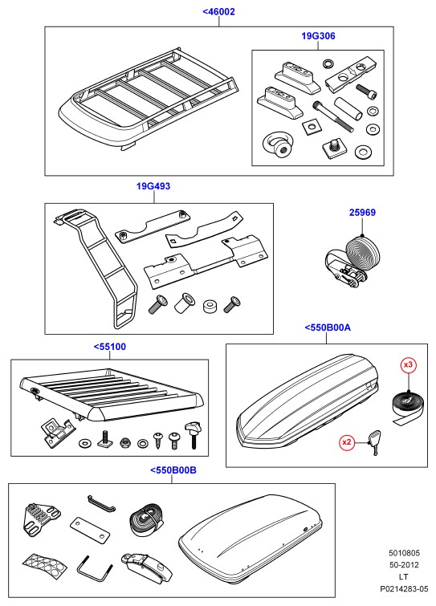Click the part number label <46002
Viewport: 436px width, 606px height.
click(x=218, y=11)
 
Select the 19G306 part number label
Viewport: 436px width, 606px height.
click(x=318, y=36)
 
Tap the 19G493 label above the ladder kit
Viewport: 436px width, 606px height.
click(x=153, y=186)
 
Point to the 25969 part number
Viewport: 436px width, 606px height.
click(x=362, y=212)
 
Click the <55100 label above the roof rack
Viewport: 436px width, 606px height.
click(x=110, y=347)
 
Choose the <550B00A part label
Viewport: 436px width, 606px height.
click(x=328, y=327)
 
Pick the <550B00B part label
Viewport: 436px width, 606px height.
click(x=173, y=470)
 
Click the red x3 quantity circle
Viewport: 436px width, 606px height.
click(x=408, y=364)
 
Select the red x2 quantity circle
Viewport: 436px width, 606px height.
click(x=347, y=441)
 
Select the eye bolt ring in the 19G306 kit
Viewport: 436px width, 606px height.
click(x=277, y=145)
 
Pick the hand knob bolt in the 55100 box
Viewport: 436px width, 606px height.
click(x=193, y=435)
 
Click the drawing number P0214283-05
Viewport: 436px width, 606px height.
click(x=404, y=589)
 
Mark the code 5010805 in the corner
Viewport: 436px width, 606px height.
click(x=404, y=553)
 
